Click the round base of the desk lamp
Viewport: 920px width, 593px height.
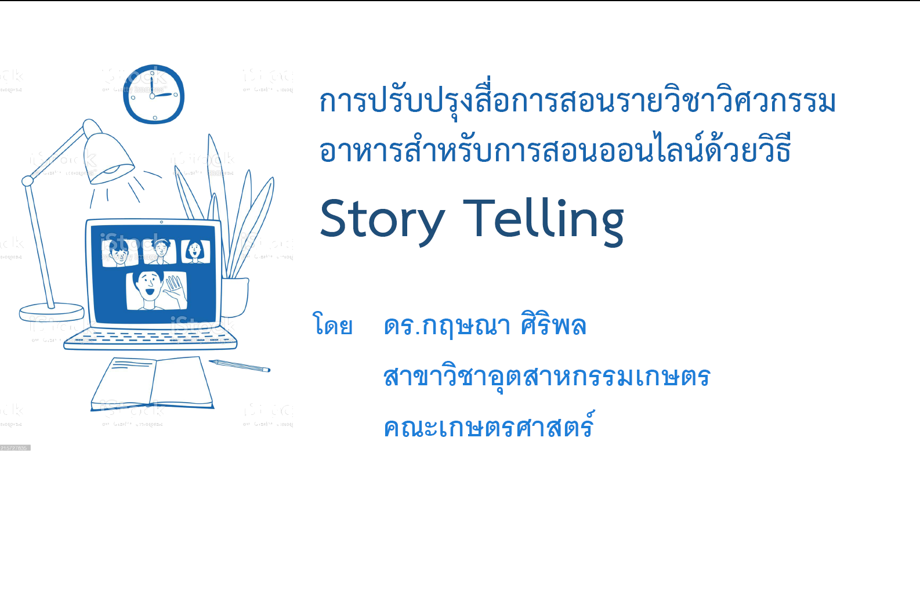point(52,313)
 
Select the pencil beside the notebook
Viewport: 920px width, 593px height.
point(240,366)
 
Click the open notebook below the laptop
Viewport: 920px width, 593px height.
point(152,384)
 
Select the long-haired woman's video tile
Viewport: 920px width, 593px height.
point(195,251)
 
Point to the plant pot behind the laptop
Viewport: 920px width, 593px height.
point(235,297)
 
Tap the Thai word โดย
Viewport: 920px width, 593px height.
point(333,325)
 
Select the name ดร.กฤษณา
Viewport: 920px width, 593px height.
point(447,326)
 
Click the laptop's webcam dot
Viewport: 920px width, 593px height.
point(161,222)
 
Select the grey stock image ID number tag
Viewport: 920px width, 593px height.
point(15,448)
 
